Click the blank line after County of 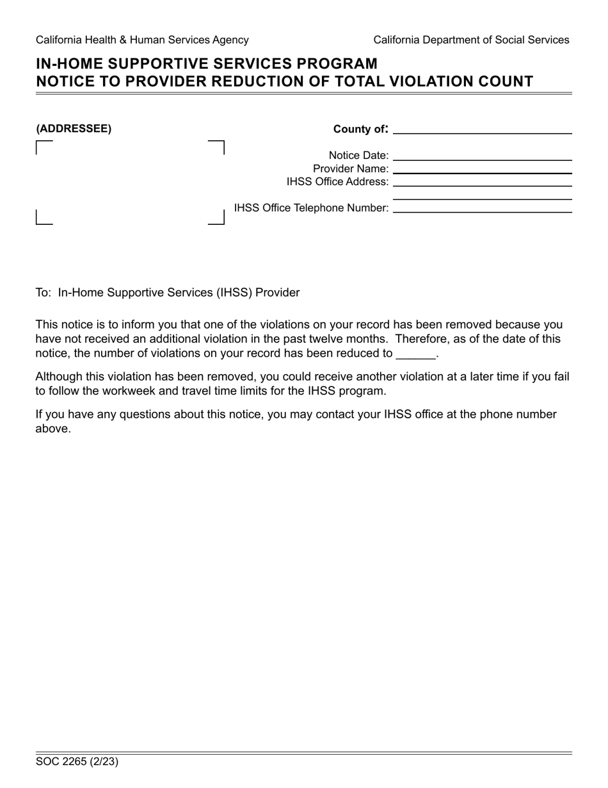(x=482, y=129)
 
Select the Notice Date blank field (x=482, y=155)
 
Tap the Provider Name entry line (x=482, y=168)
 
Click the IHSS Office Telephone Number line (x=482, y=208)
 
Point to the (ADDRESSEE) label (x=74, y=129)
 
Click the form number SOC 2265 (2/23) (x=77, y=762)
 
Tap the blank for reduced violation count (x=415, y=354)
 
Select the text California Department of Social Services (x=471, y=40)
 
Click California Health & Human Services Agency (x=142, y=40)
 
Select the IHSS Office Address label (x=337, y=182)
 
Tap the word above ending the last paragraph (x=52, y=429)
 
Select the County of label (x=360, y=129)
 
